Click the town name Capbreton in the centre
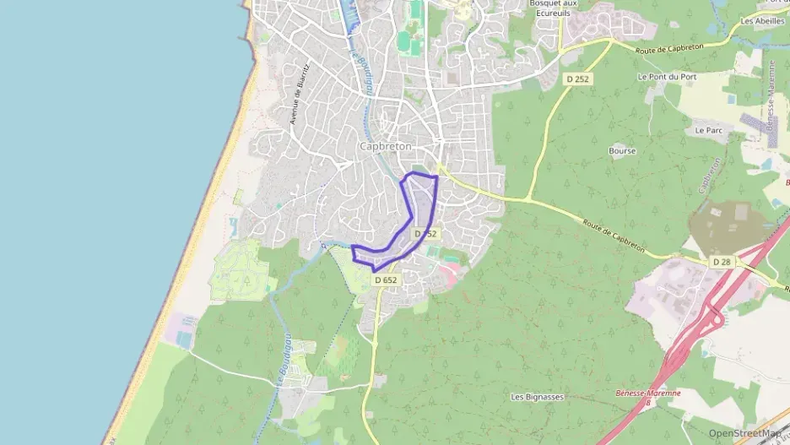385,146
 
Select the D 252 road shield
576,79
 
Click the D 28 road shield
721,263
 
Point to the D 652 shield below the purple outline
385,280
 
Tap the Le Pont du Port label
665,77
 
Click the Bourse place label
622,151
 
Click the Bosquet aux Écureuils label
551,8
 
